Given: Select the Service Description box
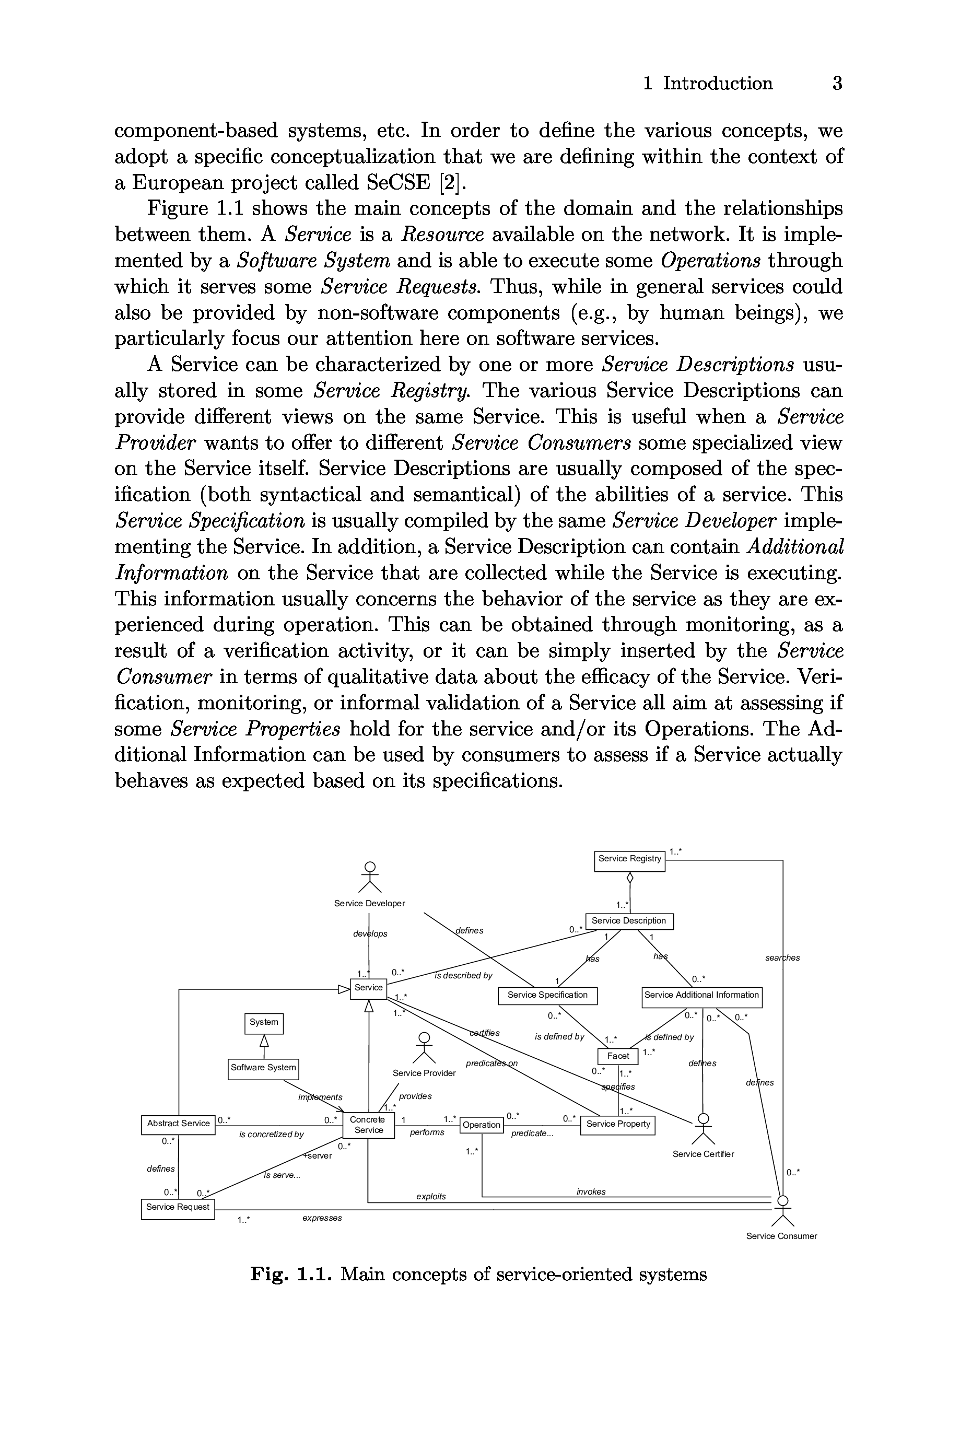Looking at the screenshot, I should coord(629,921).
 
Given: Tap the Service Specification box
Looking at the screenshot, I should coord(547,996).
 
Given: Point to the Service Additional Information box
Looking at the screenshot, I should coord(701,996).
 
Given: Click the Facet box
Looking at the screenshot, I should coord(618,1056).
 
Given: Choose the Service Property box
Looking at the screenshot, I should coord(618,1125).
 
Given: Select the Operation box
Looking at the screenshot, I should coord(481,1125).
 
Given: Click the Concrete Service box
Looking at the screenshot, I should coord(368,1125).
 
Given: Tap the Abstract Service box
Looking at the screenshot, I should coord(178,1124).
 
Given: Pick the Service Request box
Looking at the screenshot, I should coord(178,1207).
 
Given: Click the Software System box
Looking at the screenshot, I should coord(263,1068).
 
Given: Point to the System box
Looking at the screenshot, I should coord(264,1022).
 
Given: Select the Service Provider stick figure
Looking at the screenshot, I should coord(424,1049).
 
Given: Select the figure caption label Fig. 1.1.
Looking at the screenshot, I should coord(290,1275).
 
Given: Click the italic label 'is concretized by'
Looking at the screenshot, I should coord(271,1135).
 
